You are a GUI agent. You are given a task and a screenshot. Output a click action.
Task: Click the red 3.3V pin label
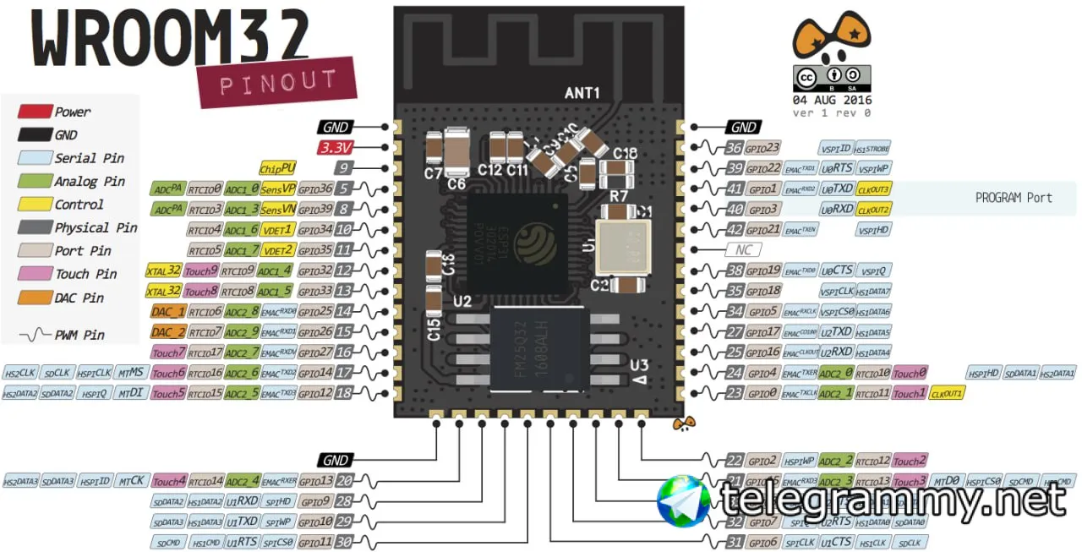click(336, 148)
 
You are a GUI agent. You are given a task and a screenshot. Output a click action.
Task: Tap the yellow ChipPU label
click(277, 168)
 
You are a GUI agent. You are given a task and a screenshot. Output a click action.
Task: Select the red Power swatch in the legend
click(34, 111)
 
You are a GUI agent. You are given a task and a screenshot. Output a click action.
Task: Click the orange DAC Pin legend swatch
click(34, 298)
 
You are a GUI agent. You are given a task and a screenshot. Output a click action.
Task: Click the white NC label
click(743, 250)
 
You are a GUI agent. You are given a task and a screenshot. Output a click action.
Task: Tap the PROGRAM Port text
click(1014, 198)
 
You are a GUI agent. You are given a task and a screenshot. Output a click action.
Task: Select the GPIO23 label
click(763, 148)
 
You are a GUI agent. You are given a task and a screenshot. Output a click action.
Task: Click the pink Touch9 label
click(202, 271)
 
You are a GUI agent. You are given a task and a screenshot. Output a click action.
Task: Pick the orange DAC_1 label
click(167, 311)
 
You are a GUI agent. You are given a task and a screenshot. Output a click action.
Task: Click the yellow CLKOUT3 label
click(873, 189)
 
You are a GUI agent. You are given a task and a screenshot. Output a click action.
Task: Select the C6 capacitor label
click(456, 183)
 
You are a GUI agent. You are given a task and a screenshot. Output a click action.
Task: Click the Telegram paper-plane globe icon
click(684, 500)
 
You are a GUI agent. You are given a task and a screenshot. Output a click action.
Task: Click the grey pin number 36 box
click(734, 148)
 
